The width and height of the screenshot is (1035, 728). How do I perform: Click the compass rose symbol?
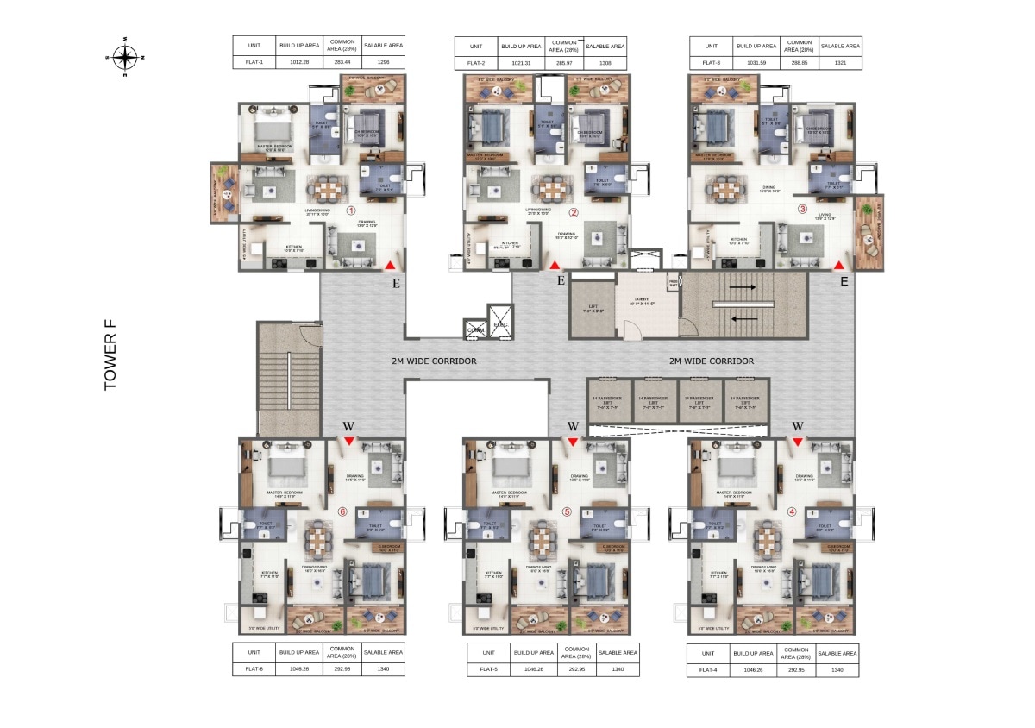click(x=125, y=58)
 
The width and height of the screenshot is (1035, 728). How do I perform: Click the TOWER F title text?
click(x=110, y=355)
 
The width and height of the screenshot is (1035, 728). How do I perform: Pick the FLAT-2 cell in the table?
click(x=475, y=62)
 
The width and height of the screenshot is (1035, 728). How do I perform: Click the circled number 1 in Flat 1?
click(x=351, y=210)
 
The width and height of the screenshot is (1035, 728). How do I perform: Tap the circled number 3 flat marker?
click(x=801, y=208)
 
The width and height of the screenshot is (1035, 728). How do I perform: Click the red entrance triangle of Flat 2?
click(x=555, y=266)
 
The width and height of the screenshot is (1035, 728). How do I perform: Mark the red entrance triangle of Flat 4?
click(x=798, y=442)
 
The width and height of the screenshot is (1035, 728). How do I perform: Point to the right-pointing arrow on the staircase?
click(x=743, y=286)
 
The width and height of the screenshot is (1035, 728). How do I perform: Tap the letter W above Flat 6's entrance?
click(x=348, y=425)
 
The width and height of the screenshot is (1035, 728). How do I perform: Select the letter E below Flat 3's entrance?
click(x=844, y=280)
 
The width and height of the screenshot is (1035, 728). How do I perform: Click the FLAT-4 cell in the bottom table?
click(x=708, y=668)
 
